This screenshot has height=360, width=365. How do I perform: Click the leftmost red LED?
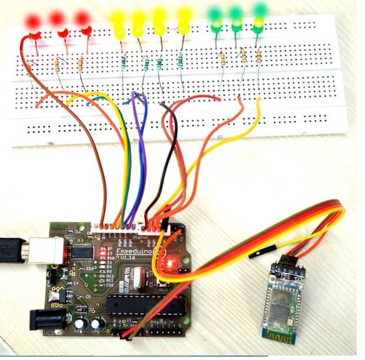[x=32, y=22]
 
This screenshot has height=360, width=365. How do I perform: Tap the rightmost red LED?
[x=84, y=21]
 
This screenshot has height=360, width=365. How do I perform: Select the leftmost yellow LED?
[x=118, y=22]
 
